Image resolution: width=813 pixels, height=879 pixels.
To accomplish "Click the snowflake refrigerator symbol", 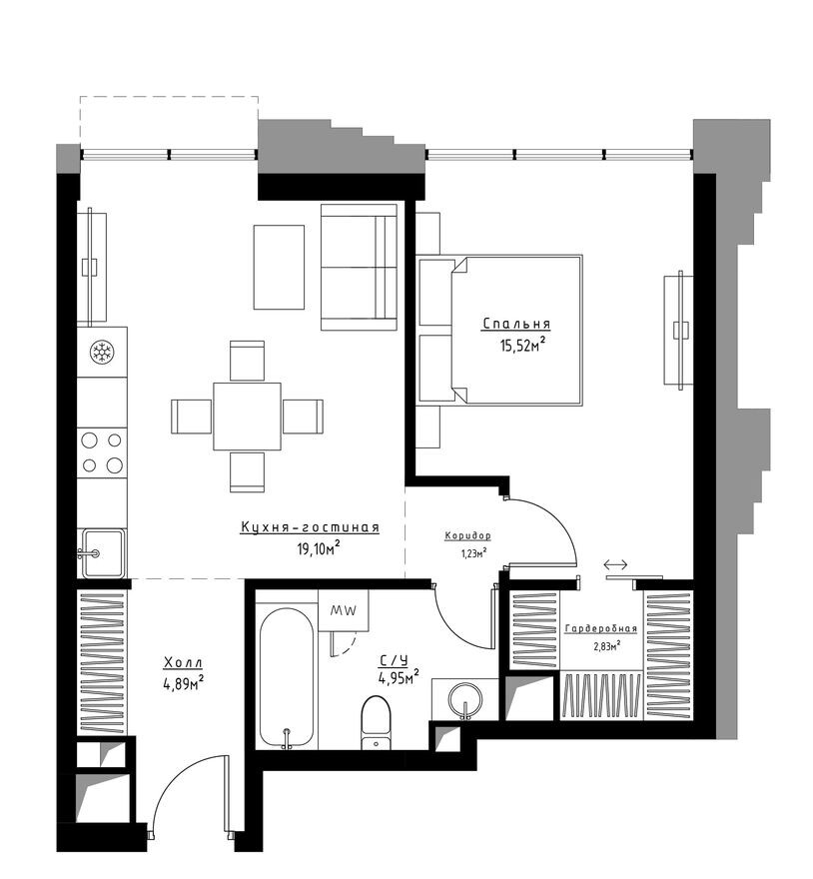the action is [x=102, y=352].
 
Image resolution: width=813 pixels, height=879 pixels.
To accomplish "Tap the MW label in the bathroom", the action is [x=344, y=611].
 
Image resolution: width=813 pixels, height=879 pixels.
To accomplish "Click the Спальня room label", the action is [x=516, y=324].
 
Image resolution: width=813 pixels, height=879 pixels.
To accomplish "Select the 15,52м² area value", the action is [x=522, y=345].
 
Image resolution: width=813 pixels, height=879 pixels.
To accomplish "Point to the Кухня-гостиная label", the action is [x=310, y=527].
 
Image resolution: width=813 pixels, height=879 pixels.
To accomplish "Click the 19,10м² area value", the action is [x=319, y=547].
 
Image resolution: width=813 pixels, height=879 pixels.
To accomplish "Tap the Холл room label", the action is [x=183, y=662].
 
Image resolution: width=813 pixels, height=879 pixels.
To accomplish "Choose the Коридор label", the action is [x=467, y=536].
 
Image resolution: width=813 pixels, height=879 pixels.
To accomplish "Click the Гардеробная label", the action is [x=601, y=629].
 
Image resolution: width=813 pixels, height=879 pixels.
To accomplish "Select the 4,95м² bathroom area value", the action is [x=399, y=678].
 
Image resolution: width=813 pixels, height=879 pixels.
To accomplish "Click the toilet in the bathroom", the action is [x=376, y=722].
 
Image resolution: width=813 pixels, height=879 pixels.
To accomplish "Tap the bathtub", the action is [x=287, y=679].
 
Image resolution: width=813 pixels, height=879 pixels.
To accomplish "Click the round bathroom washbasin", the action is [x=465, y=699].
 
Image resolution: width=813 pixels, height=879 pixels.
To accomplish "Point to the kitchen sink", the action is [x=103, y=553].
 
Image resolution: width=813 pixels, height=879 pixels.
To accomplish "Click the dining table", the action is [x=247, y=417].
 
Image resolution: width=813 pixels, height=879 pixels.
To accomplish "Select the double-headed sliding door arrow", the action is [x=615, y=564].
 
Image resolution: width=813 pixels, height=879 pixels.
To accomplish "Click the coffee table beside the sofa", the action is [x=279, y=267].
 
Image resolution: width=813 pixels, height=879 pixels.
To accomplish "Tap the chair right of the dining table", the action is [x=304, y=417].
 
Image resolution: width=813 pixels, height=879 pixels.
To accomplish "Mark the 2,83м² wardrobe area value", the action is [x=606, y=647].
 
